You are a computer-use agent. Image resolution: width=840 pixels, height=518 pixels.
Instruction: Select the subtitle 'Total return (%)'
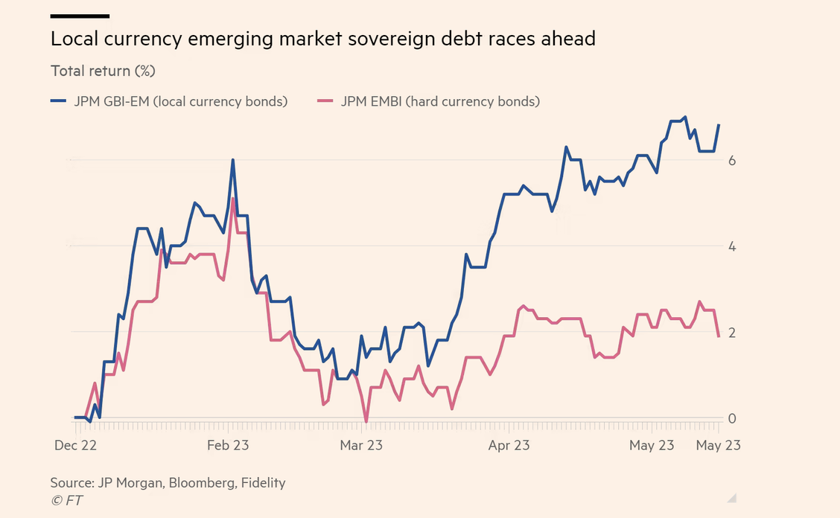(x=103, y=71)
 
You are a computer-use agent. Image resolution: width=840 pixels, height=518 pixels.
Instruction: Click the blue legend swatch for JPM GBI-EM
(x=59, y=102)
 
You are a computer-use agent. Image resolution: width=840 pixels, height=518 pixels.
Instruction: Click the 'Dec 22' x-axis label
(x=77, y=445)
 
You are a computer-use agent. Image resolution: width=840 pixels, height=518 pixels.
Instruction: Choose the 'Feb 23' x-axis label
(x=228, y=445)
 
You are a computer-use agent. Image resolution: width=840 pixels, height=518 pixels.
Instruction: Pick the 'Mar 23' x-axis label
(x=361, y=445)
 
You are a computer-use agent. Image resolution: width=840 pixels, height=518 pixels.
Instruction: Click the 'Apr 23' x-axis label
(x=509, y=445)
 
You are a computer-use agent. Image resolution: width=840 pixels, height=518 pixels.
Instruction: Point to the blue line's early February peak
(x=233, y=160)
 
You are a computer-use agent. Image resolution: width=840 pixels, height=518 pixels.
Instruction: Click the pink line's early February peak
(x=233, y=199)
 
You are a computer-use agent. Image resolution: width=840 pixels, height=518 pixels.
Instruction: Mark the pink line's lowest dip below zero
(x=366, y=422)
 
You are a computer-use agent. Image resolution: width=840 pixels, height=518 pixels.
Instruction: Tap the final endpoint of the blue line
(x=719, y=125)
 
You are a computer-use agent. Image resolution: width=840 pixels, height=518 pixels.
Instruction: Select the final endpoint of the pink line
(x=719, y=336)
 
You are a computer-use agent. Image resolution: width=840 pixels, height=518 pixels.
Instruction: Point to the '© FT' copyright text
(x=67, y=500)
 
